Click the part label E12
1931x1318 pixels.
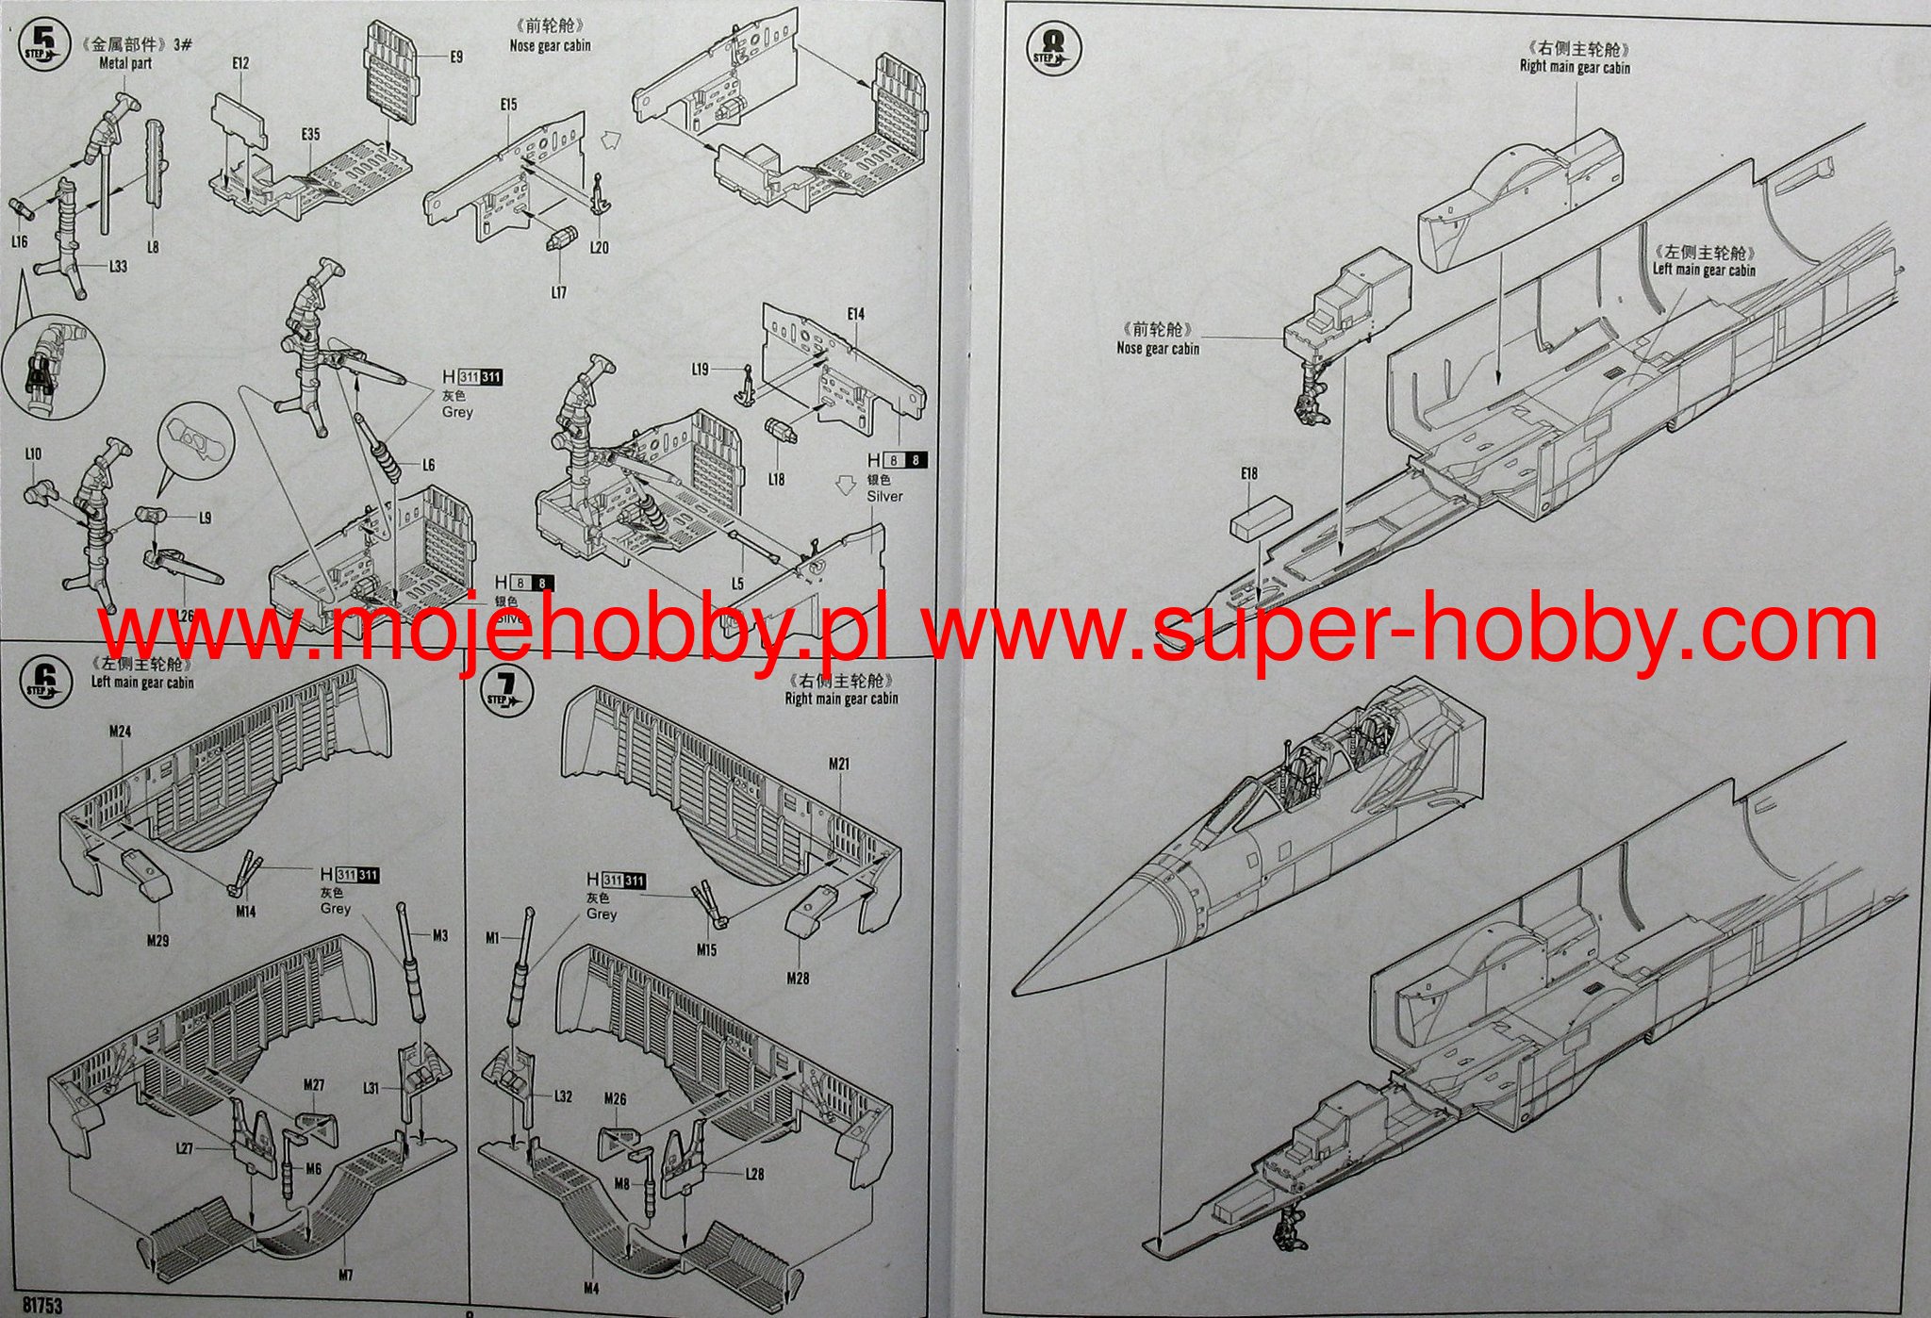click(x=239, y=63)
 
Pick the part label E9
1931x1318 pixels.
click(x=456, y=57)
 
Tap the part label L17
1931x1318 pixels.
click(x=559, y=292)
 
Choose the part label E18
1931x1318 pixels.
click(x=1249, y=474)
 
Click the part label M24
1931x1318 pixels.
click(x=119, y=731)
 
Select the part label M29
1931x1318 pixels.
click(x=157, y=940)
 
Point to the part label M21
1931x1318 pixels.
click(x=839, y=763)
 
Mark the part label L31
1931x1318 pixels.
click(x=371, y=1088)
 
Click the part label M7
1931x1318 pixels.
click(x=345, y=1275)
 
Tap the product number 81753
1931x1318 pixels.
click(x=39, y=1306)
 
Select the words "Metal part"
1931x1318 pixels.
click(x=125, y=63)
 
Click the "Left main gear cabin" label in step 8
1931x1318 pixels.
click(x=1704, y=270)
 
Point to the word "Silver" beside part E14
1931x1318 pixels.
click(x=884, y=496)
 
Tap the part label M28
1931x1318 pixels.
click(x=798, y=978)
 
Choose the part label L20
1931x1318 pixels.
click(x=599, y=247)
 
